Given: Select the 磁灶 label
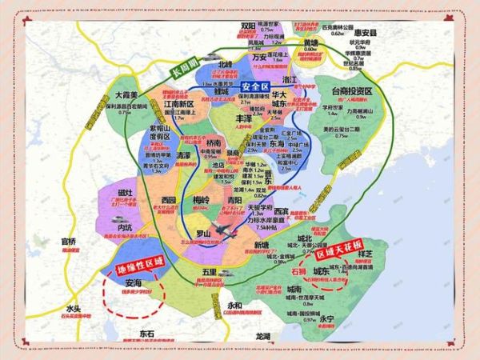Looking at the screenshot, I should pyautogui.click(x=126, y=193).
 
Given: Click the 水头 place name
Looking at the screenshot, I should pyautogui.click(x=74, y=309).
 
